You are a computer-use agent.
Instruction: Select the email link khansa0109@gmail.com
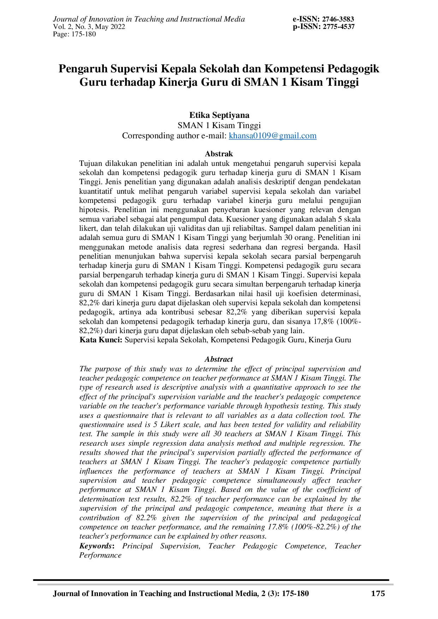coord(273,136)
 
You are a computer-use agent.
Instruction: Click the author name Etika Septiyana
coord(219,115)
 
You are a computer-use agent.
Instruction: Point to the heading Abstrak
coord(219,154)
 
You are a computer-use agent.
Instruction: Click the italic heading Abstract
coord(219,359)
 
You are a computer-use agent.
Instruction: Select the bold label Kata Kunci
coord(101,340)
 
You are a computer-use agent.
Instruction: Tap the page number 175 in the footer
coord(378,594)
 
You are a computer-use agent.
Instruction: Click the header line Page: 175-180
coord(74,34)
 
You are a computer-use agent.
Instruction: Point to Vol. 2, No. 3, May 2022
coord(89,27)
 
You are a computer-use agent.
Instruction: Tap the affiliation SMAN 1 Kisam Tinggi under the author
coord(219,125)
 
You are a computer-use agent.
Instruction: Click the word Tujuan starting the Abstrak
coord(91,163)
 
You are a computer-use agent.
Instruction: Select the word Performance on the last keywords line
coord(100,555)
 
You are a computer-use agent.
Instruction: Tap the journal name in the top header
coord(149,19)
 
